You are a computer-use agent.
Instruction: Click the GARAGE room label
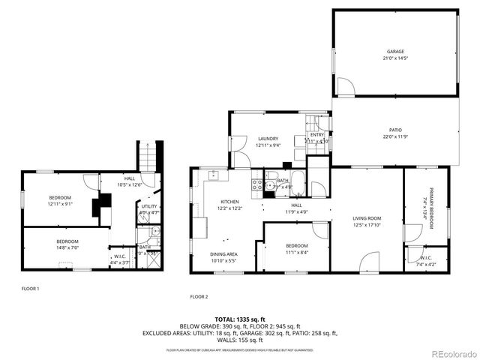395,52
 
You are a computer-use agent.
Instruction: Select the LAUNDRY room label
268,139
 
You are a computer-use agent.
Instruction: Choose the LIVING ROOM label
367,219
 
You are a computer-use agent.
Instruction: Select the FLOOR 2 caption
199,296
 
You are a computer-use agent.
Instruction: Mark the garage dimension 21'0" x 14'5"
395,58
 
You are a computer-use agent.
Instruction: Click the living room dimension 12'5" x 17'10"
367,225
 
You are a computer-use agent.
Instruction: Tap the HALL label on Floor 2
296,205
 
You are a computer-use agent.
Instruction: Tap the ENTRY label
317,135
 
